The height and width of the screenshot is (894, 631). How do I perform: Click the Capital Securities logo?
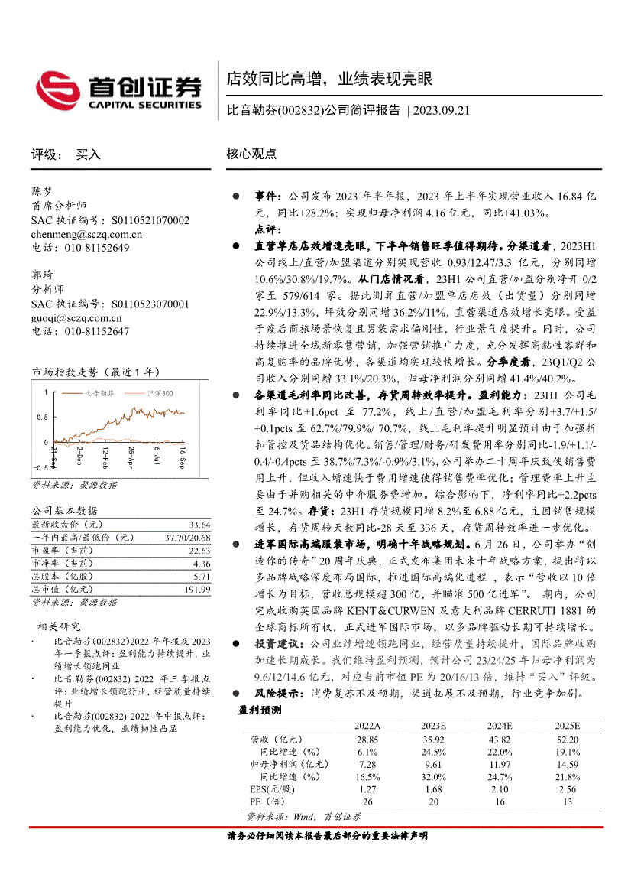click(x=119, y=89)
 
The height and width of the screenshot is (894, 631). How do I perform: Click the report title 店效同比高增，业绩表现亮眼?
click(x=329, y=79)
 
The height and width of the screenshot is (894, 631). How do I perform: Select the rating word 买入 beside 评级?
click(x=88, y=154)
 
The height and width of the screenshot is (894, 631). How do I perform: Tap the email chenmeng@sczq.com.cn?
click(x=86, y=234)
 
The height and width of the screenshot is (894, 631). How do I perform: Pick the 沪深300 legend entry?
click(x=158, y=392)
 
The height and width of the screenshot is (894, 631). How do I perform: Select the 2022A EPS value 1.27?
click(x=367, y=788)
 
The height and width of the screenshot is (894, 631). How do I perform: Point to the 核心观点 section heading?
click(x=251, y=154)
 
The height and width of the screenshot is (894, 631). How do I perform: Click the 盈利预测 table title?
click(x=260, y=710)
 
